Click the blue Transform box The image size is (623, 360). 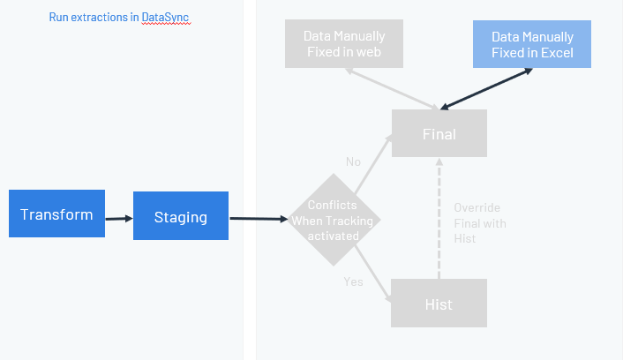click(56, 214)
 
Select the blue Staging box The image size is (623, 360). click(181, 216)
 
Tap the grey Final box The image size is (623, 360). click(439, 134)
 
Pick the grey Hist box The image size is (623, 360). click(439, 304)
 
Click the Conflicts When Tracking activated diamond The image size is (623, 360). click(334, 221)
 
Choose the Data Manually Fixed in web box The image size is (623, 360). click(344, 44)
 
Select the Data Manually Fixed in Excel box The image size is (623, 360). click(532, 44)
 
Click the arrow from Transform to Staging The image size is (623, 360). click(119, 216)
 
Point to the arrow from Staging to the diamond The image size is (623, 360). click(260, 218)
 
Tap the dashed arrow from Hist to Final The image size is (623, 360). click(439, 221)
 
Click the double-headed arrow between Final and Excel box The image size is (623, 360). click(485, 89)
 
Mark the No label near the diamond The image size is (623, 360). click(354, 162)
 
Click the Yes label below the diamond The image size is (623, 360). click(353, 281)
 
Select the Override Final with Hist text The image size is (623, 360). click(480, 223)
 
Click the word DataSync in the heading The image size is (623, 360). click(165, 17)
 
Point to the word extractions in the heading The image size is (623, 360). click(101, 17)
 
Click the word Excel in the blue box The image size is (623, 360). click(557, 53)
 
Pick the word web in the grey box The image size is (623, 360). click(367, 53)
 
